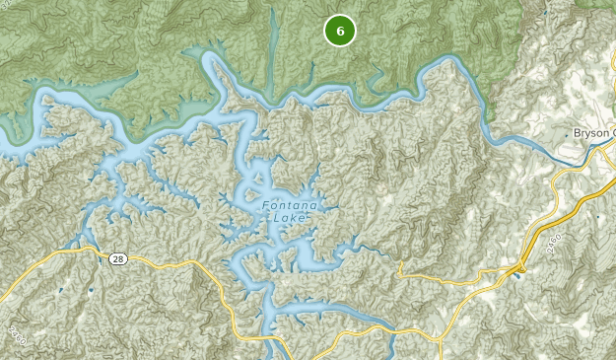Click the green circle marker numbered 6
pos(340,31)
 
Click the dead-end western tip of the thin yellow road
pos(401,264)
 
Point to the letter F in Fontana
pos(266,206)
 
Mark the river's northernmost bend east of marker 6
pos(448,61)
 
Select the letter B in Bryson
pos(576,133)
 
